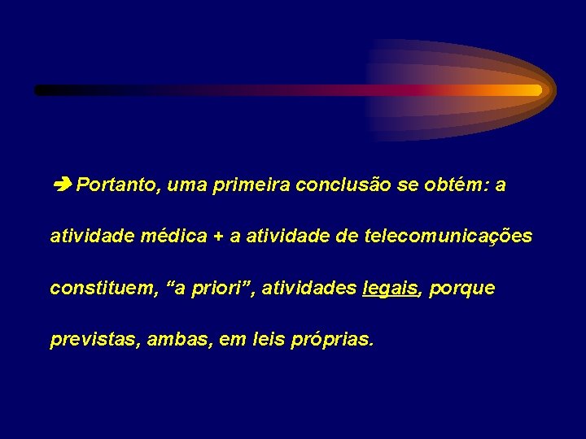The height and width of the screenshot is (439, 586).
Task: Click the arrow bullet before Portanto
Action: click(62, 185)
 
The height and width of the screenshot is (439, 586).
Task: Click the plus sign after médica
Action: click(219, 237)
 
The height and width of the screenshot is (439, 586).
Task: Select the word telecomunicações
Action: click(448, 237)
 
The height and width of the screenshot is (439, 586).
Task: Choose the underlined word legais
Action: click(390, 289)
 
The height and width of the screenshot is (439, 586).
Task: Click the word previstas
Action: click(95, 339)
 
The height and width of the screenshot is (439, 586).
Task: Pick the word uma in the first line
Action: click(186, 186)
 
